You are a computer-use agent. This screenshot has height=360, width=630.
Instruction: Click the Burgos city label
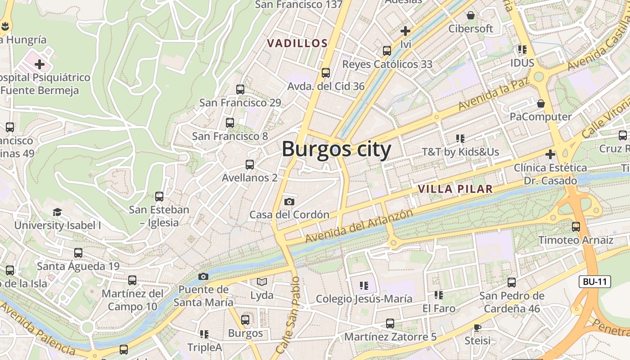(x=336, y=149)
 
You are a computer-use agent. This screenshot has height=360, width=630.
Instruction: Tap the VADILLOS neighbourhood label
(x=297, y=43)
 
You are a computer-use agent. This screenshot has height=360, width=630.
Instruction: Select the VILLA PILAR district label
(x=455, y=189)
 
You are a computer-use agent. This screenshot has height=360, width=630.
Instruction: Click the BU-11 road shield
(x=594, y=282)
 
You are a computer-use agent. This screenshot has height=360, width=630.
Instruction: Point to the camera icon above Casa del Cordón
(x=289, y=202)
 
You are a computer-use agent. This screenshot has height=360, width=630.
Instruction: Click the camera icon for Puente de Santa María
(x=203, y=276)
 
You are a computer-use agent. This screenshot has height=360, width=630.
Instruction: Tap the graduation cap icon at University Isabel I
(x=57, y=212)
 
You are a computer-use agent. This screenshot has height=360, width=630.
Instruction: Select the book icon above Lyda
(x=262, y=282)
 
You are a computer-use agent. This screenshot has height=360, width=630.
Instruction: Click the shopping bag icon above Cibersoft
(x=471, y=16)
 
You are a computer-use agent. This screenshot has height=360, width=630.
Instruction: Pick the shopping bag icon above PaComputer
(x=541, y=103)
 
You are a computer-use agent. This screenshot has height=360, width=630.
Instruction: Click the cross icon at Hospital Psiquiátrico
(x=40, y=64)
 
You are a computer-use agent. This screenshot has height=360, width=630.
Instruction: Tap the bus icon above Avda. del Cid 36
(x=326, y=72)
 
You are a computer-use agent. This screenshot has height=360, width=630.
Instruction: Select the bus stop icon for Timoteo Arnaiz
(x=576, y=227)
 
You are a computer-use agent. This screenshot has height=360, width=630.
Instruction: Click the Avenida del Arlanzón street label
(x=359, y=226)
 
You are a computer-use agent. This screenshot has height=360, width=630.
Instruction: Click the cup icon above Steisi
(x=477, y=328)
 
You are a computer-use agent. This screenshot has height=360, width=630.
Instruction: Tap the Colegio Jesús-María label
(x=364, y=299)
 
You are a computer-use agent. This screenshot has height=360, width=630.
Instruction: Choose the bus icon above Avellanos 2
(x=250, y=165)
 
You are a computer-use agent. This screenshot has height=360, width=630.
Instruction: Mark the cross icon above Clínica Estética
(x=550, y=155)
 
